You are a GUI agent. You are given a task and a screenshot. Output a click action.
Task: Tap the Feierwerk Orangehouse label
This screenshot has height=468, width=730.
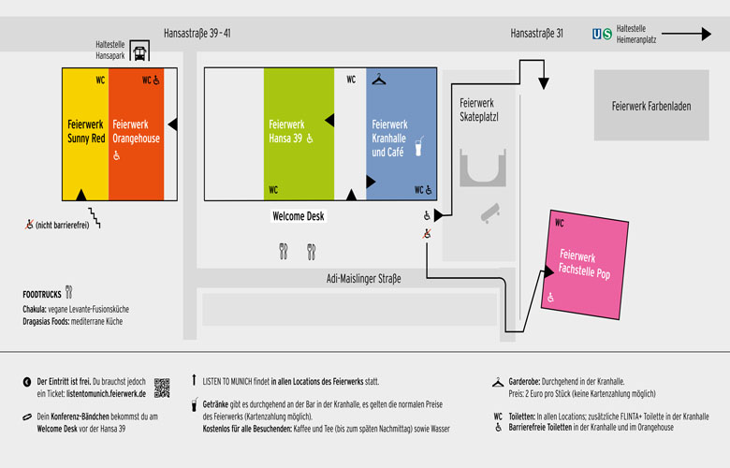(137, 130)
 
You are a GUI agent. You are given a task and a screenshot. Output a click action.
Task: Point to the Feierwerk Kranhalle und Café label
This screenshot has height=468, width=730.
(389, 138)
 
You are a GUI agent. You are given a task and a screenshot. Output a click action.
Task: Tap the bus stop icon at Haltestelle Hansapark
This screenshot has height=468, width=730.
(139, 53)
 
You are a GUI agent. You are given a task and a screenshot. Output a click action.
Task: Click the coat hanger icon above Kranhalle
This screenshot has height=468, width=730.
(378, 80)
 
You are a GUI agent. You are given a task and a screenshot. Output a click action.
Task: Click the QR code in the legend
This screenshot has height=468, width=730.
(162, 388)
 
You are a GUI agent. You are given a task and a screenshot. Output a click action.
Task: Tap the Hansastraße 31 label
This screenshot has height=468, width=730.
(536, 34)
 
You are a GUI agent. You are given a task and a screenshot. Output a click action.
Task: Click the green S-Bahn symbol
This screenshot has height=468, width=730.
(607, 35)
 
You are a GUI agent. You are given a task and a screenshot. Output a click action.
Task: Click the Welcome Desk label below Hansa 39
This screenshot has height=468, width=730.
(298, 216)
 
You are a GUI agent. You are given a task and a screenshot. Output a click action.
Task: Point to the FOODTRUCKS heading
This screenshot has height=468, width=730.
(42, 294)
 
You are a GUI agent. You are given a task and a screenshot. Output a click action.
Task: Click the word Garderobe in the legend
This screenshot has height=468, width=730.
(529, 382)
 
